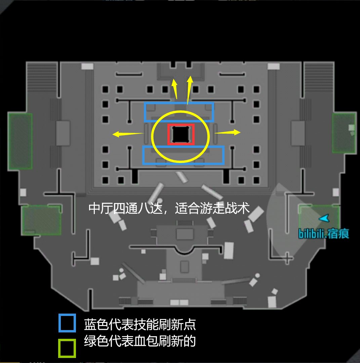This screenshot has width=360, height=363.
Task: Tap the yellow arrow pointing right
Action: click(x=228, y=132)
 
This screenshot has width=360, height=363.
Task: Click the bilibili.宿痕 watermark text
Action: click(x=323, y=234)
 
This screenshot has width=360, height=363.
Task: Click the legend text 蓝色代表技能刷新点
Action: click(x=140, y=324)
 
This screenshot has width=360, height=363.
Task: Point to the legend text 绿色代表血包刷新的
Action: click(x=140, y=341)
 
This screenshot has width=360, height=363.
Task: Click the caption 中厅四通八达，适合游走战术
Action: click(x=169, y=208)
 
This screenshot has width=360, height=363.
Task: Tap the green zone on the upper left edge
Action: click(x=20, y=141)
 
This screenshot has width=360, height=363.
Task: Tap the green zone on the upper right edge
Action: click(x=344, y=133)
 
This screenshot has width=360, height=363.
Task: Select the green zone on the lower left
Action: click(x=41, y=220)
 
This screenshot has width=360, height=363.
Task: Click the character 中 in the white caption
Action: click(x=94, y=208)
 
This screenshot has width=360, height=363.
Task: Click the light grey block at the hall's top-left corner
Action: click(x=87, y=67)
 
